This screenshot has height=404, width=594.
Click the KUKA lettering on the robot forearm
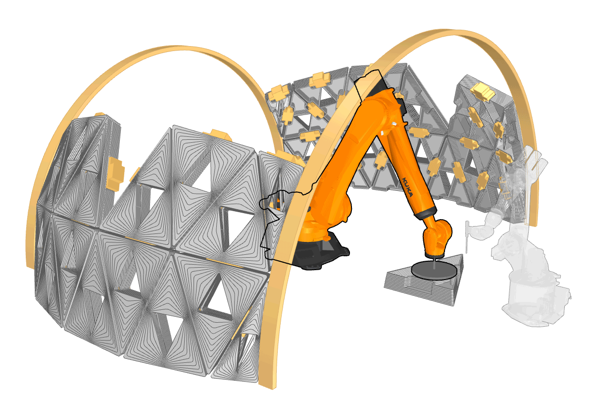(407, 186)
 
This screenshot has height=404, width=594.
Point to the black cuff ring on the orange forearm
(426, 213)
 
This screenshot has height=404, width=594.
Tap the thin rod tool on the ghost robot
(467, 236)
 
